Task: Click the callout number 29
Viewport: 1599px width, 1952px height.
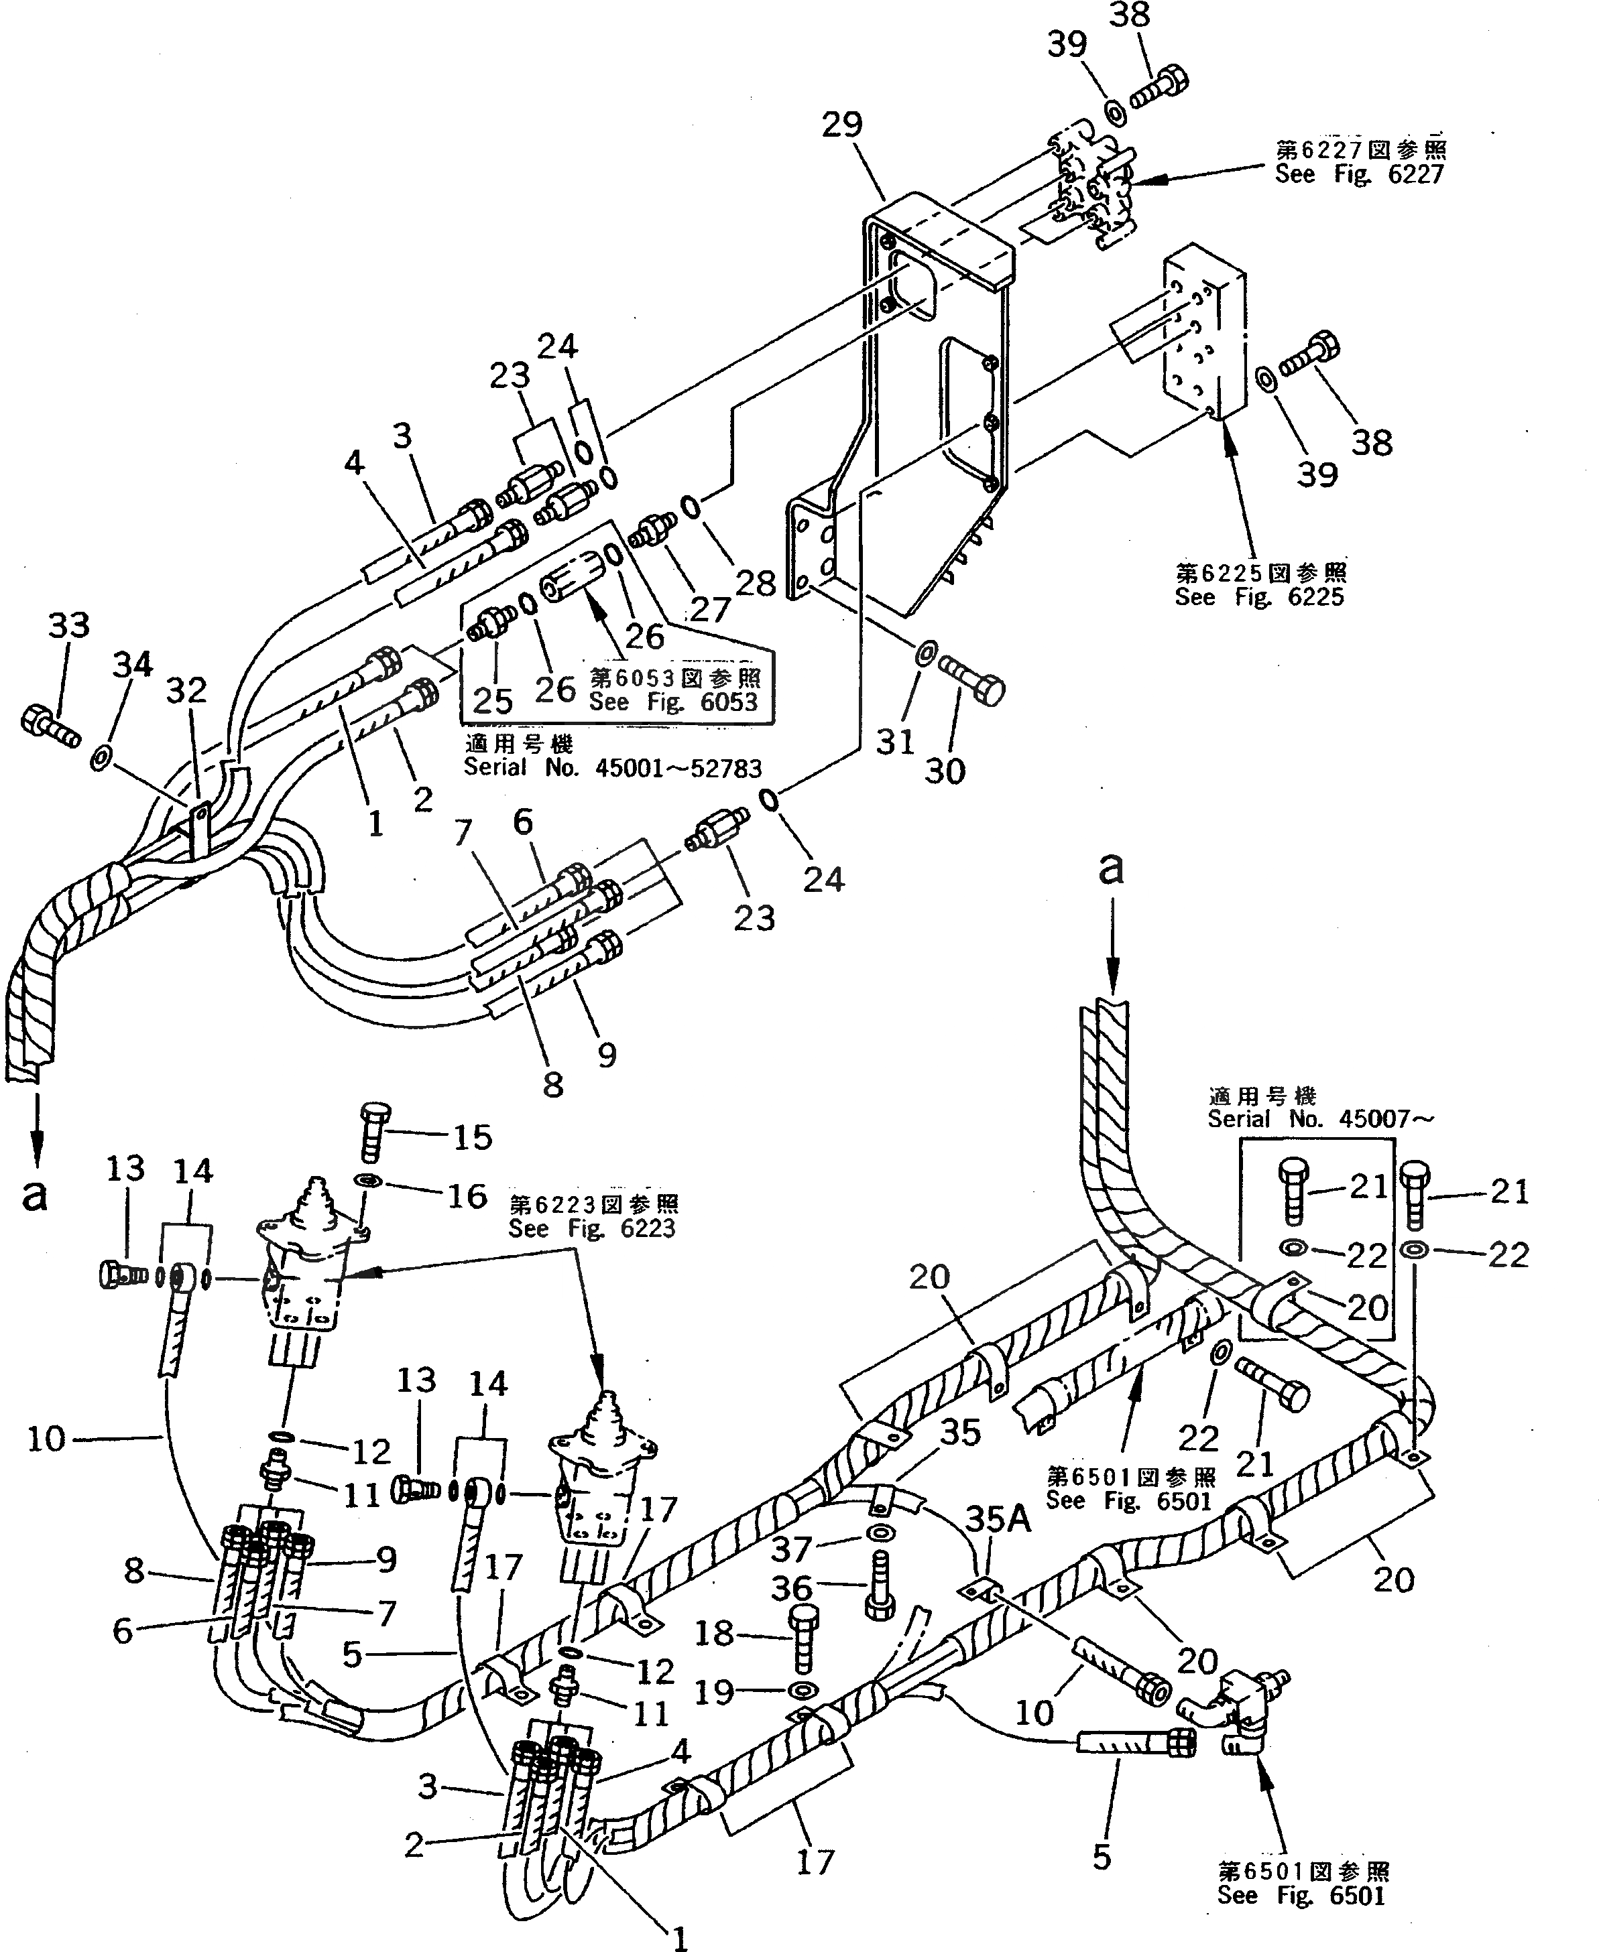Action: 841,124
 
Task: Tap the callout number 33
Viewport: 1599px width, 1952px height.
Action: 68,625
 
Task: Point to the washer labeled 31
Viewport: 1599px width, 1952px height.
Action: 925,655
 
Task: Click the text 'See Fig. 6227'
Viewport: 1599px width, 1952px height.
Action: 1358,175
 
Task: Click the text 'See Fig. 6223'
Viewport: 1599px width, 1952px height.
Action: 592,1229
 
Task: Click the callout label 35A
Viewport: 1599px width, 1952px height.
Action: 998,1519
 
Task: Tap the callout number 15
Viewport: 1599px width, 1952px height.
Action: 471,1137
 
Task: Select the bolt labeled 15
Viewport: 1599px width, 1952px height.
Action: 372,1132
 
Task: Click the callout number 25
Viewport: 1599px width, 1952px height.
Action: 492,701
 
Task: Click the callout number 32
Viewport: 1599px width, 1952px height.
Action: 186,690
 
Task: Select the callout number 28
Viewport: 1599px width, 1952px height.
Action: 756,583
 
